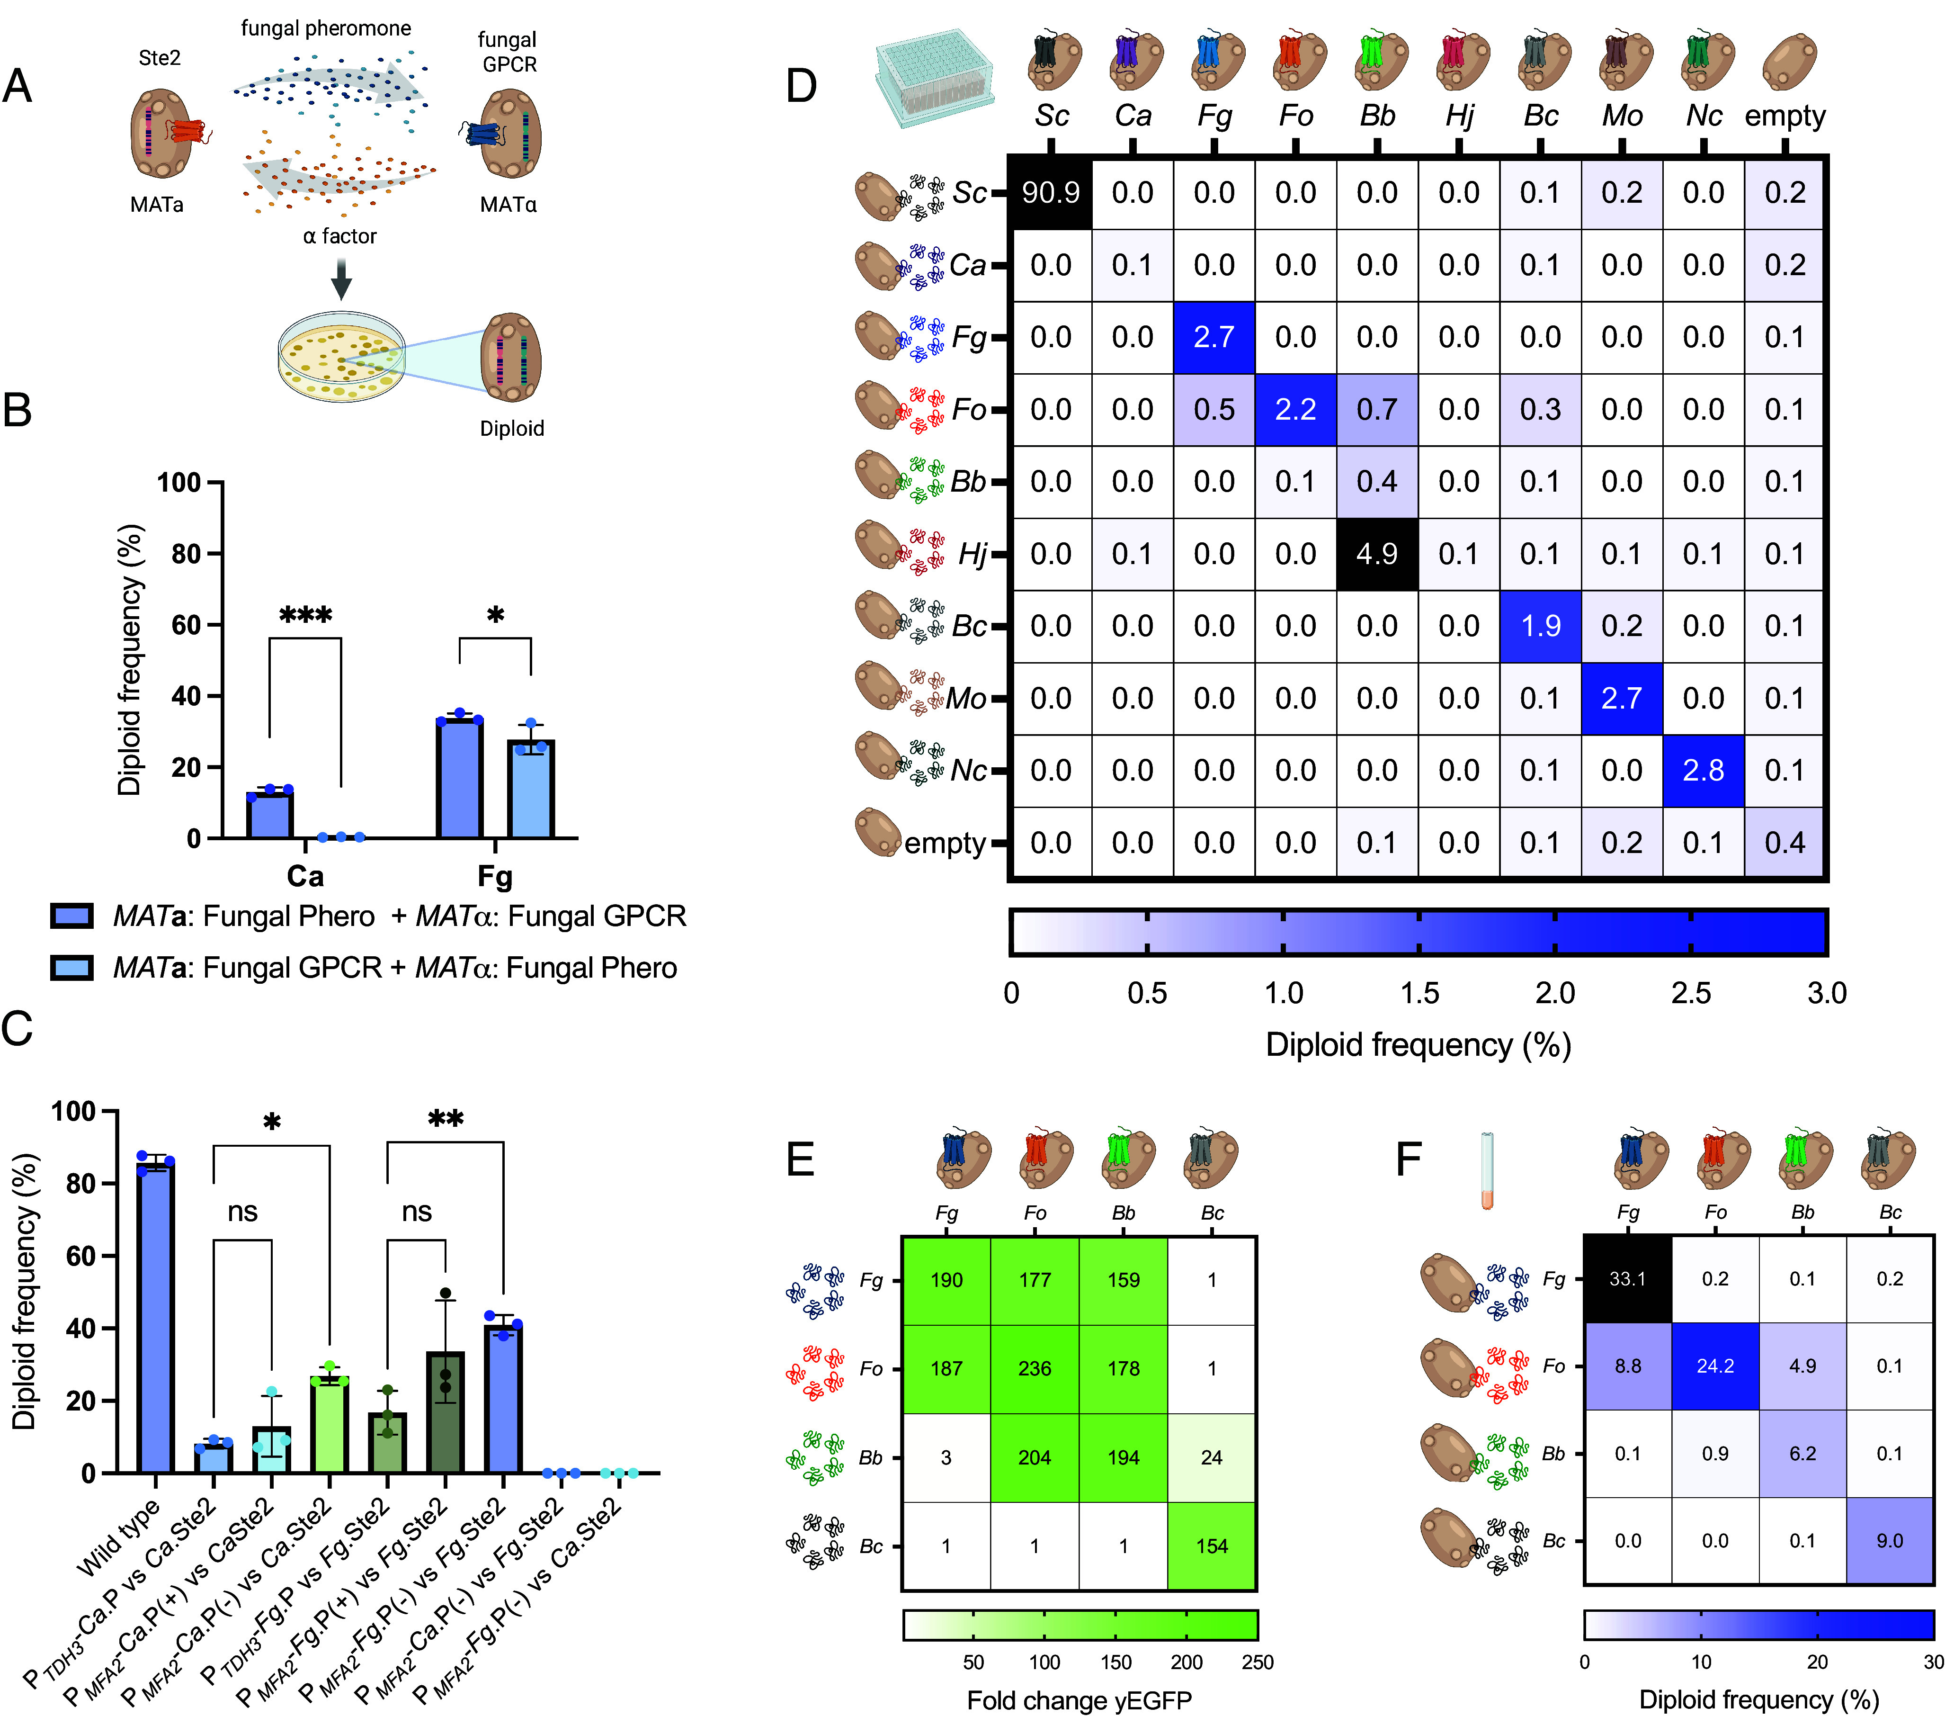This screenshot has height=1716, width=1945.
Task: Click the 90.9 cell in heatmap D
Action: point(1051,193)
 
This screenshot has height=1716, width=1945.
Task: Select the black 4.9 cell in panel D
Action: point(1377,554)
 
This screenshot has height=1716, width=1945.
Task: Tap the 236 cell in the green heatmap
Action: point(1035,1369)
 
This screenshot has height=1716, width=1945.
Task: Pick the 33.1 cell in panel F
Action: point(1627,1278)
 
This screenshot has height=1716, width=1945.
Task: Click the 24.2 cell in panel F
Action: point(1715,1366)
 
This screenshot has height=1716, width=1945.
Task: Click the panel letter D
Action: point(801,86)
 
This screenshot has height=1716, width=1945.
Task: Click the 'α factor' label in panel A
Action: point(339,236)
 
